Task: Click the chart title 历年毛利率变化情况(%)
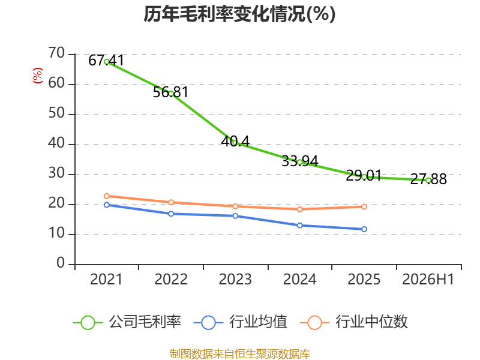pyautogui.click(x=239, y=14)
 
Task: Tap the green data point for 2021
pyautogui.click(x=107, y=62)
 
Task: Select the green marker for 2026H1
pyautogui.click(x=428, y=181)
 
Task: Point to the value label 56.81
pyautogui.click(x=170, y=92)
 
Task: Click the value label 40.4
pyautogui.click(x=235, y=141)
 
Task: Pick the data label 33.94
pyautogui.click(x=299, y=161)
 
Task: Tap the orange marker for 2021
pyautogui.click(x=107, y=196)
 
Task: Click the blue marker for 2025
pyautogui.click(x=364, y=229)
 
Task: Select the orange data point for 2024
pyautogui.click(x=299, y=209)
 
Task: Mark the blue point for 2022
pyautogui.click(x=171, y=214)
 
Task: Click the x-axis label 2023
pyautogui.click(x=235, y=280)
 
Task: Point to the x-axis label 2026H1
pyautogui.click(x=428, y=280)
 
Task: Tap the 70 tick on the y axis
pyautogui.click(x=56, y=53)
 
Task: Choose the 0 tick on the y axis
pyautogui.click(x=61, y=263)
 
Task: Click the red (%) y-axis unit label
pyautogui.click(x=38, y=76)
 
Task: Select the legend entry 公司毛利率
pyautogui.click(x=127, y=322)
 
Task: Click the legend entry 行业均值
pyautogui.click(x=241, y=322)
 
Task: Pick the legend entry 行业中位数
pyautogui.click(x=354, y=322)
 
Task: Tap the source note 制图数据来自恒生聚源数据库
pyautogui.click(x=240, y=354)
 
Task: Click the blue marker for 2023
pyautogui.click(x=235, y=216)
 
